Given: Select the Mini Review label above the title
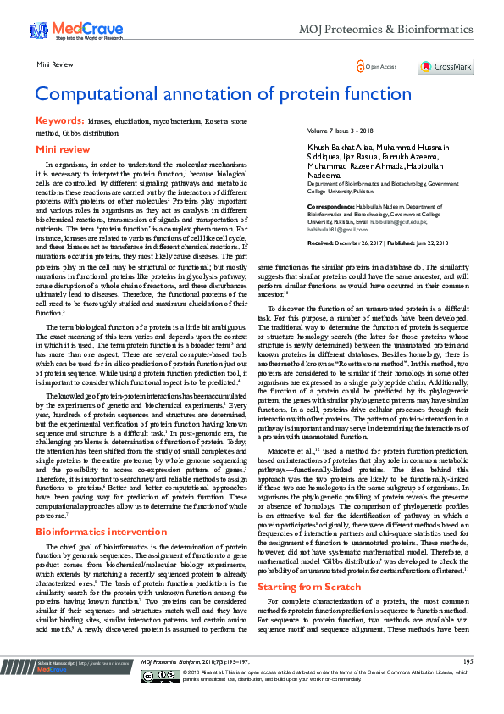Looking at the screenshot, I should [53, 64].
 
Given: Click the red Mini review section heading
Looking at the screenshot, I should [63, 149].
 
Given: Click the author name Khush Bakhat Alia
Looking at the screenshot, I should [339, 147].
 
